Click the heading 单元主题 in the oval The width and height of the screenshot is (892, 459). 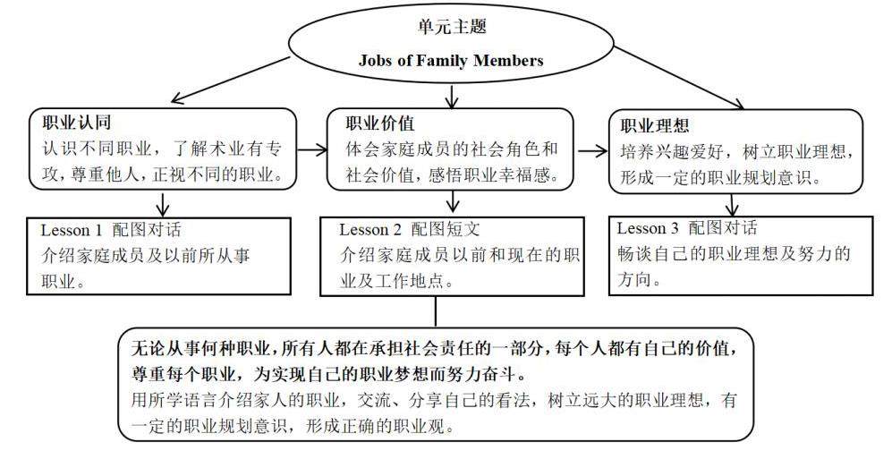coord(452,27)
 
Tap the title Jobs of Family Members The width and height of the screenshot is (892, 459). coord(451,61)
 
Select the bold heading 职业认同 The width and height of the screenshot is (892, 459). coord(76,121)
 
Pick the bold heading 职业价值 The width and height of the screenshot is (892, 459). coord(381,122)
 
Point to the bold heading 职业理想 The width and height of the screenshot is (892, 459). coord(654,125)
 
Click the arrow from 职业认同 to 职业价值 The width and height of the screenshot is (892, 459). coord(309,152)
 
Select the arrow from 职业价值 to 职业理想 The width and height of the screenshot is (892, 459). coord(591,152)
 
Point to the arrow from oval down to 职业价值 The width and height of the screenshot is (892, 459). coord(453,94)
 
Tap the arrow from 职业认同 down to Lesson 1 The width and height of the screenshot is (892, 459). coord(162,201)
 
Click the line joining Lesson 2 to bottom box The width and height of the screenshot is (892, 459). coord(436,310)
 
